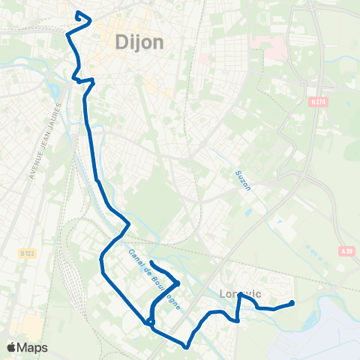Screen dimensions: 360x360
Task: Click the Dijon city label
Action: click(140, 43)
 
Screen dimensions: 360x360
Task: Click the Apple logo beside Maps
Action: click(11, 347)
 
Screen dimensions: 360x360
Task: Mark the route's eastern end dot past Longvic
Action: click(291, 303)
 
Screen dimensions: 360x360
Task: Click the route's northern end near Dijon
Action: click(78, 12)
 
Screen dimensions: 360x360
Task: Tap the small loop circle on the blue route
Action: click(150, 322)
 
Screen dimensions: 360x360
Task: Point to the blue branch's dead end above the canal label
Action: click(151, 262)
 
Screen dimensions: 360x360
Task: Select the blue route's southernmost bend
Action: click(186, 346)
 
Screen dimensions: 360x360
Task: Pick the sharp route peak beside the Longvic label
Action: click(239, 295)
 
